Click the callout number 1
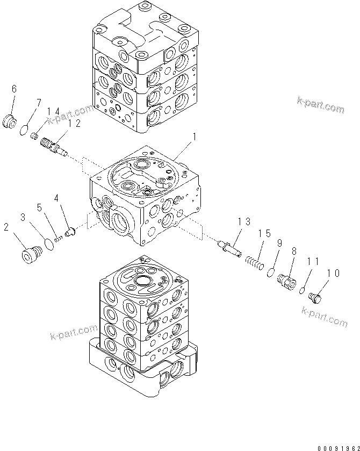point(194,138)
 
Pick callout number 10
point(333,274)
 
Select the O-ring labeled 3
point(49,244)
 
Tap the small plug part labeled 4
point(69,233)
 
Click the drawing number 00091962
point(337,446)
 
